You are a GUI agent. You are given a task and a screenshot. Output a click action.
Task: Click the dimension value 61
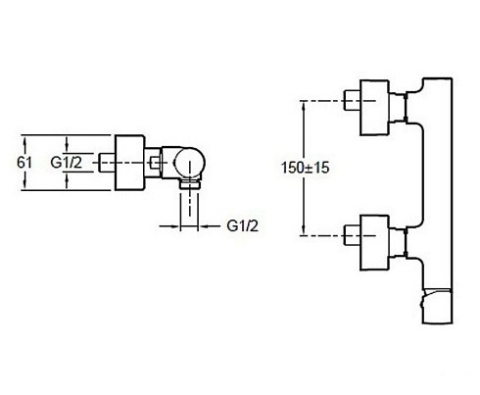pos(24,163)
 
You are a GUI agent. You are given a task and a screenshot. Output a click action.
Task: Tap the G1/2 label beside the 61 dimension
pos(67,163)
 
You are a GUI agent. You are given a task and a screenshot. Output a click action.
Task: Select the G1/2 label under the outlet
pos(242,225)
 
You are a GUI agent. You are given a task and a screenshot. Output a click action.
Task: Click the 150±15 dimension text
pos(306,168)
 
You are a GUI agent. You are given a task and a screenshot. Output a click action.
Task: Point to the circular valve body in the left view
pos(189,163)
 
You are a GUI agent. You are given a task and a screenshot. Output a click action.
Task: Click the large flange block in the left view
pos(129,163)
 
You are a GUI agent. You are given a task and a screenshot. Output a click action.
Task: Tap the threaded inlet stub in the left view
pos(106,163)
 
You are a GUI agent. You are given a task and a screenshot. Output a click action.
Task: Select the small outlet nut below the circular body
pos(190,183)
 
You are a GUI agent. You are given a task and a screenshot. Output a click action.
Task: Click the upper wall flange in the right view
pos(374,108)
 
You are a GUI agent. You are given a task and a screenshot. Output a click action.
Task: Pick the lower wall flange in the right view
pos(374,243)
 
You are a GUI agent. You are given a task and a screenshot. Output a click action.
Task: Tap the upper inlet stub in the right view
pos(353,100)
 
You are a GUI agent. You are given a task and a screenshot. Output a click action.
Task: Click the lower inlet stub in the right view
pos(353,235)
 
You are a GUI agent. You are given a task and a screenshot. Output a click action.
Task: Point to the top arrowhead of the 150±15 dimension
pos(304,104)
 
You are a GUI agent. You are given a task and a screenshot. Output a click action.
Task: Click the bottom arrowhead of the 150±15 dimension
pos(304,231)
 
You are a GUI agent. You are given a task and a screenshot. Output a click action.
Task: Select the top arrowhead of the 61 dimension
pos(25,138)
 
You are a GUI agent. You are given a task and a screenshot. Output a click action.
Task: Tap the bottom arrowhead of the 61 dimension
pos(25,186)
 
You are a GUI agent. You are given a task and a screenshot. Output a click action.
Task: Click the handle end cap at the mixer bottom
pos(437,306)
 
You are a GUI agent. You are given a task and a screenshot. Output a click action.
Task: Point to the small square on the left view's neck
pos(155,163)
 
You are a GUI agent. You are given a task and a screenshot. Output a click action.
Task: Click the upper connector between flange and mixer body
pos(398,108)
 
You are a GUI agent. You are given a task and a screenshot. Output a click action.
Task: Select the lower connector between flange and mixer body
pos(398,243)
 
